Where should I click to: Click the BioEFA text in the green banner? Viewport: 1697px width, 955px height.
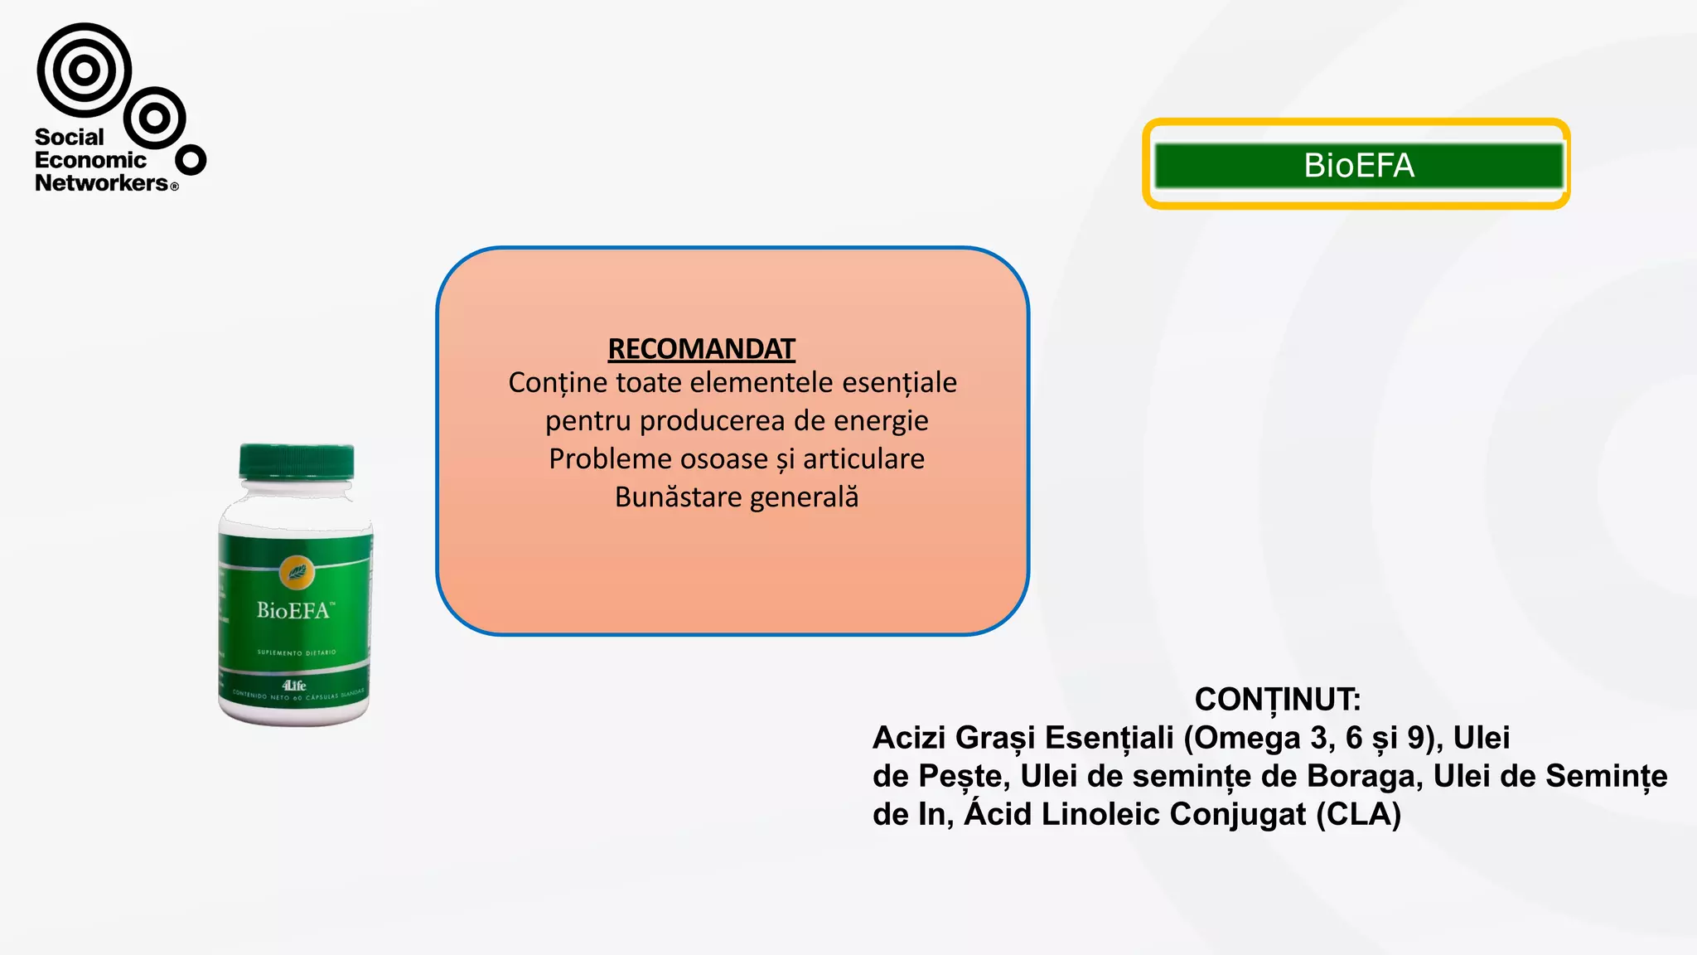tap(1358, 165)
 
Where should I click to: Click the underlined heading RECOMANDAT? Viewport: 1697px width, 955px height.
tap(701, 349)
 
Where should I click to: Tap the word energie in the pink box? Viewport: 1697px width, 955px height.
tap(881, 420)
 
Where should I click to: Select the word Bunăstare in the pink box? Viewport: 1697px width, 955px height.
tap(678, 497)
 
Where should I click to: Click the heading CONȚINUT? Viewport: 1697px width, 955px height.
tap(1277, 699)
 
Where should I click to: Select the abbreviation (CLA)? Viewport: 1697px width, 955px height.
tap(1358, 813)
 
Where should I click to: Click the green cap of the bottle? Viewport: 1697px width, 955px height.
tap(297, 462)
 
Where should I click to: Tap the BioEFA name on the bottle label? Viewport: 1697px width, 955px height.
tap(294, 610)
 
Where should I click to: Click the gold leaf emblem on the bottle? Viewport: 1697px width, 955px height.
tap(296, 571)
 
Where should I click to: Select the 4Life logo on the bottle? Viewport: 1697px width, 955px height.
tap(293, 685)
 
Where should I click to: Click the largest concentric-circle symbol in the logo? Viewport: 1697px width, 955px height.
tap(84, 70)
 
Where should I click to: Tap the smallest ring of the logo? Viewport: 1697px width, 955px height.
tap(191, 159)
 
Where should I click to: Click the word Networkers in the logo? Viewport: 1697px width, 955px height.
tap(101, 182)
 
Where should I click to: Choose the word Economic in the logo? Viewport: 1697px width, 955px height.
tap(90, 160)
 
